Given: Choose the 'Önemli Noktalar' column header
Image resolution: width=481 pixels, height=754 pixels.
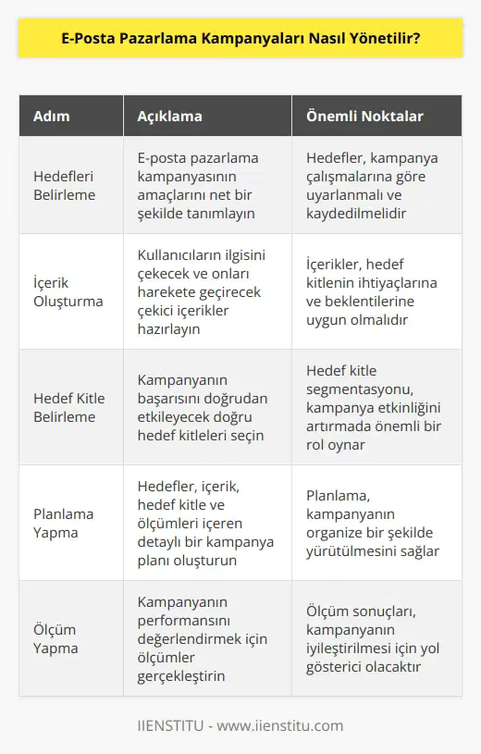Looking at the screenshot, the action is click(364, 117).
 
